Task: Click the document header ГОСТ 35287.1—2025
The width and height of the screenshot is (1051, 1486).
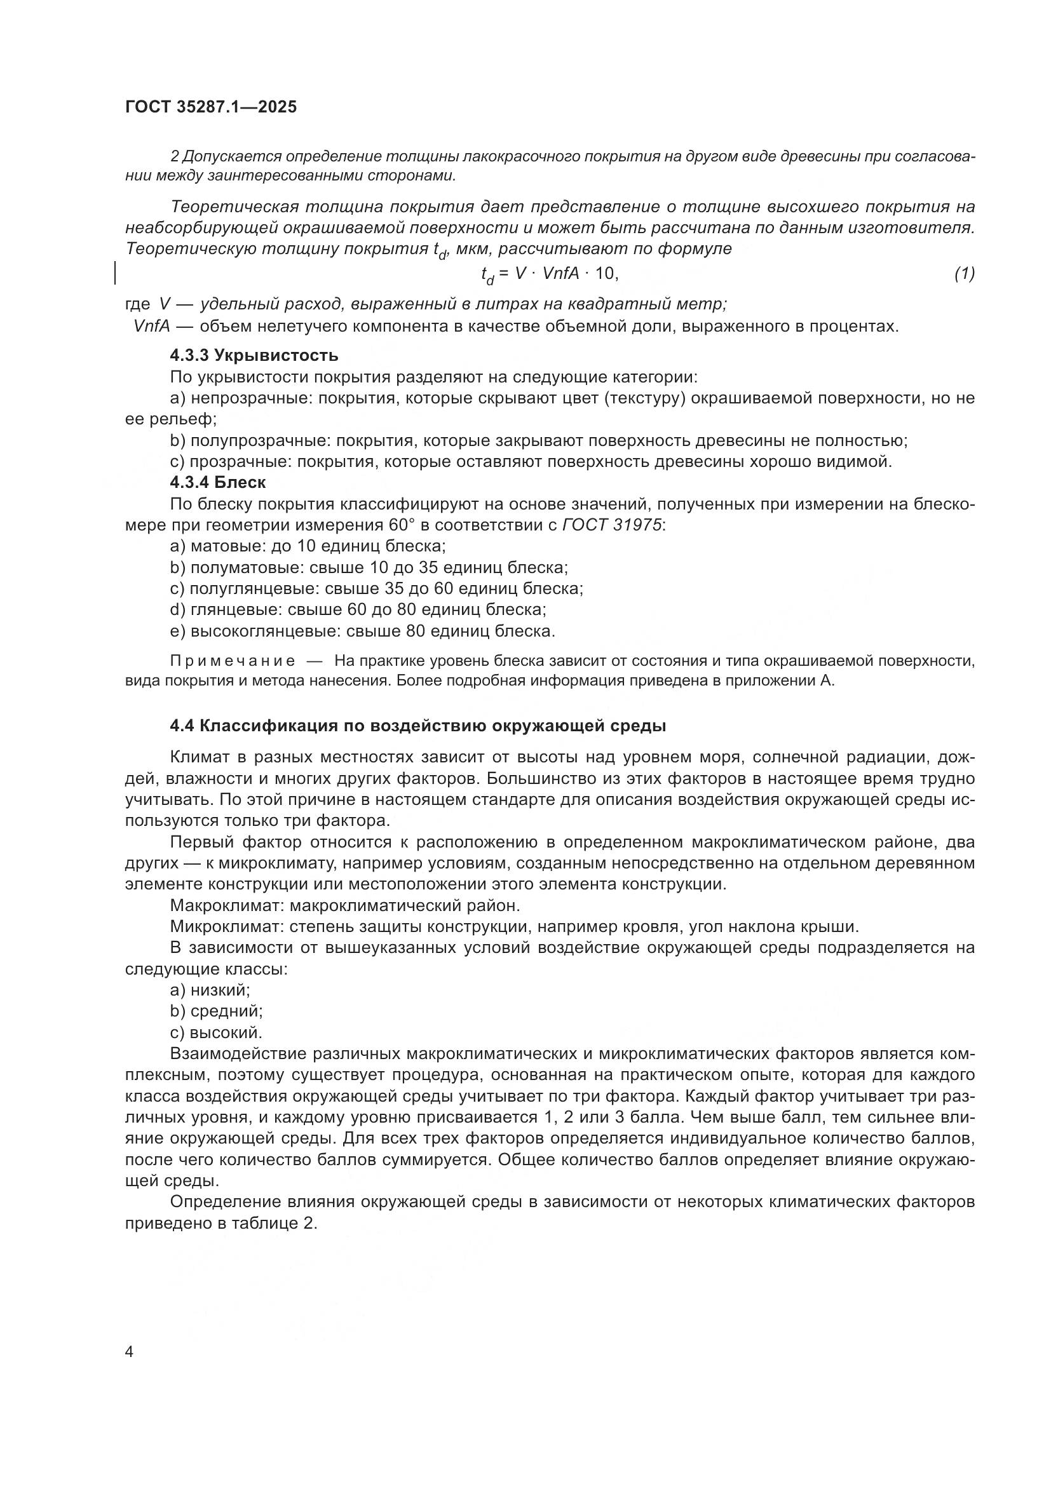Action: tap(211, 107)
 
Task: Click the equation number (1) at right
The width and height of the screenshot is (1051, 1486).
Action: tap(964, 274)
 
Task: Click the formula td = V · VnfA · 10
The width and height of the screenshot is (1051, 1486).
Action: tap(550, 274)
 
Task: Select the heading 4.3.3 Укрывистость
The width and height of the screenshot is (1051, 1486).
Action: tap(254, 355)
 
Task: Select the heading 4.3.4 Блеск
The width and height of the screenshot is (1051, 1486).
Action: tap(217, 482)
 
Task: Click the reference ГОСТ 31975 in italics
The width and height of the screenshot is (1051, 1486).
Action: tap(612, 525)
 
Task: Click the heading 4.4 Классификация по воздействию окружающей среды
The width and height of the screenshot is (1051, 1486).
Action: tap(418, 726)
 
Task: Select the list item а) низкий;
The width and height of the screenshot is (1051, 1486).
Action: tap(210, 990)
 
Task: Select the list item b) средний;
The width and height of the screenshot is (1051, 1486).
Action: tap(216, 1011)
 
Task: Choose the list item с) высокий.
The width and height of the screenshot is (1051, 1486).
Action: tap(215, 1032)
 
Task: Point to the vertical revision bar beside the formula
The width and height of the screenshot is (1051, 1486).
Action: tap(115, 273)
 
